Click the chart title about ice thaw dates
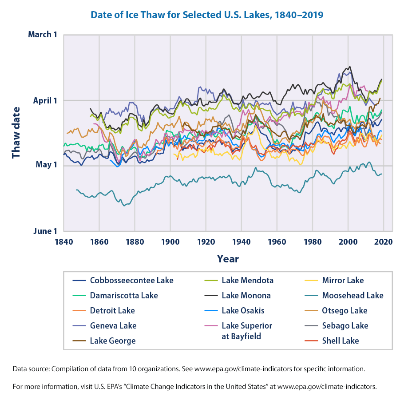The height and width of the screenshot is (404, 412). [x=206, y=15]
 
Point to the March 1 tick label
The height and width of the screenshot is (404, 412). [x=43, y=35]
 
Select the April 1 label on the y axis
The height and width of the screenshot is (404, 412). [x=45, y=100]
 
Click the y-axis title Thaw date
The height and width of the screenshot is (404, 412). [x=16, y=132]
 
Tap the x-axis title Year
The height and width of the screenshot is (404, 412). [x=228, y=259]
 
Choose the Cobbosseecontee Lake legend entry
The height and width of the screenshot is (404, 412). [x=131, y=280]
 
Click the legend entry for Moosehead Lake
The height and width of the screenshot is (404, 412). [x=353, y=295]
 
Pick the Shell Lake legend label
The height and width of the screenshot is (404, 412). [x=341, y=341]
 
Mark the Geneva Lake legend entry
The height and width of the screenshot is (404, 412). [x=113, y=325]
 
